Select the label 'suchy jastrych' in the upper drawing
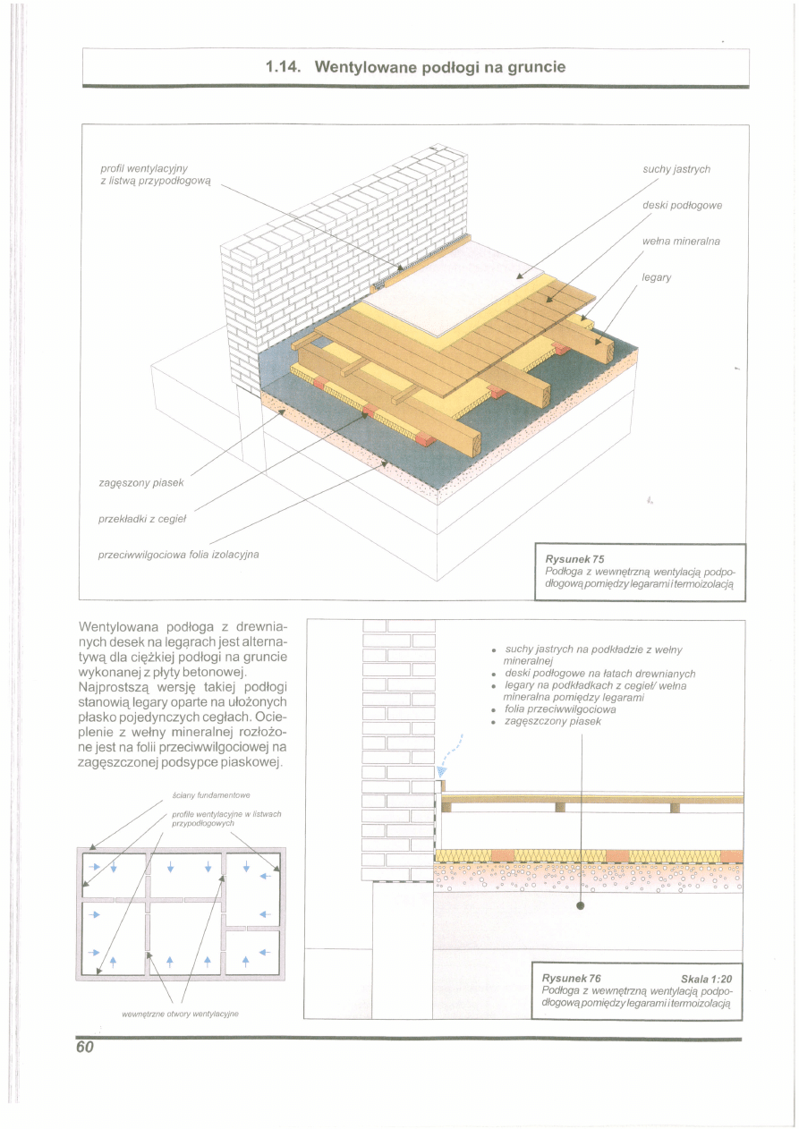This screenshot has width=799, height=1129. point(676,169)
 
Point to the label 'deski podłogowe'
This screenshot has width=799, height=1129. point(683,205)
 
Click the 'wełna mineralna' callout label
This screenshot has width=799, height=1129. point(681,242)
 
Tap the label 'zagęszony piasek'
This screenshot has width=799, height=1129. point(141,483)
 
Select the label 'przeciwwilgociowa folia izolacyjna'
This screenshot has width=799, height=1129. point(178,555)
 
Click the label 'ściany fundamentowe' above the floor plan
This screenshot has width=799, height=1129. point(210,794)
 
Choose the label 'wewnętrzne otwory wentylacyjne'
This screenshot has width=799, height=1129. point(184,1014)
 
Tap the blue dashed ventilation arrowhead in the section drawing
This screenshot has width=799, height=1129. point(441,772)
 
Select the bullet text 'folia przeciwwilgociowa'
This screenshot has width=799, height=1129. point(560,709)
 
